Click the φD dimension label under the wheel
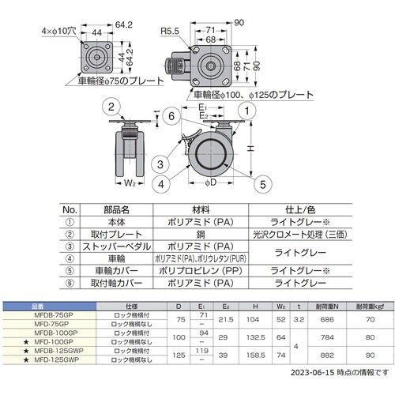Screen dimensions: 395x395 (x=209, y=194)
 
